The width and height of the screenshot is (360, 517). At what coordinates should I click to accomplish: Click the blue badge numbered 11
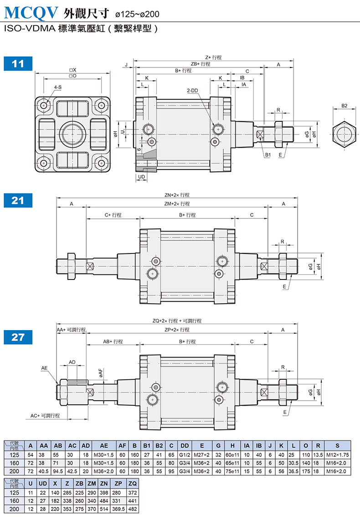[18, 64]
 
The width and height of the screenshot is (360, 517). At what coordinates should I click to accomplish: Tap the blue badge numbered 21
[18, 201]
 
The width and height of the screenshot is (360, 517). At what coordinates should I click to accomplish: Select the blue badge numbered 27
[18, 337]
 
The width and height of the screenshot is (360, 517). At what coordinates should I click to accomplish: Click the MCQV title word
[31, 12]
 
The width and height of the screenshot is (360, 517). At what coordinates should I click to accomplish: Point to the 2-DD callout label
[192, 90]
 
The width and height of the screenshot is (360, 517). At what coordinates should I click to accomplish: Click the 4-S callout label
[58, 87]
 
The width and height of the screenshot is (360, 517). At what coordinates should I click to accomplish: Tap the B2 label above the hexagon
[344, 105]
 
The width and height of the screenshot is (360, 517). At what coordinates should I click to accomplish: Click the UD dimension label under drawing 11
[141, 177]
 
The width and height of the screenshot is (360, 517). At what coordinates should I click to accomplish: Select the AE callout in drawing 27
[45, 368]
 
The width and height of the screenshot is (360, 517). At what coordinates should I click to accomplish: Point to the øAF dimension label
[101, 373]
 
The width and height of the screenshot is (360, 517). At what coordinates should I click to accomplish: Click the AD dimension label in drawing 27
[72, 362]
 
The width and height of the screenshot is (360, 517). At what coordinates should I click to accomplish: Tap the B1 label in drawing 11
[268, 155]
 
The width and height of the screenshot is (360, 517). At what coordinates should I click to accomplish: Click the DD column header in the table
[185, 446]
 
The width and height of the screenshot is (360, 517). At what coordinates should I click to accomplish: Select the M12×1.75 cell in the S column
[337, 455]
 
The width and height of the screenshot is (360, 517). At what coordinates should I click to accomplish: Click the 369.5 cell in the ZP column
[118, 509]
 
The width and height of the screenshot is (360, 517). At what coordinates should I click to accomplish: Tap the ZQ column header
[133, 484]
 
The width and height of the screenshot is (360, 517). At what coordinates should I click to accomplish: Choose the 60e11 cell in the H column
[232, 455]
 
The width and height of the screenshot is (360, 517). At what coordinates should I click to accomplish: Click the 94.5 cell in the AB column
[58, 471]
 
